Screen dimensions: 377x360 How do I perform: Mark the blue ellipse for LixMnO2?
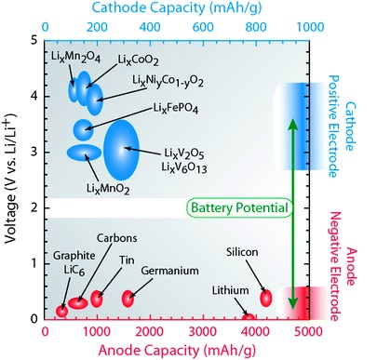[84, 153]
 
